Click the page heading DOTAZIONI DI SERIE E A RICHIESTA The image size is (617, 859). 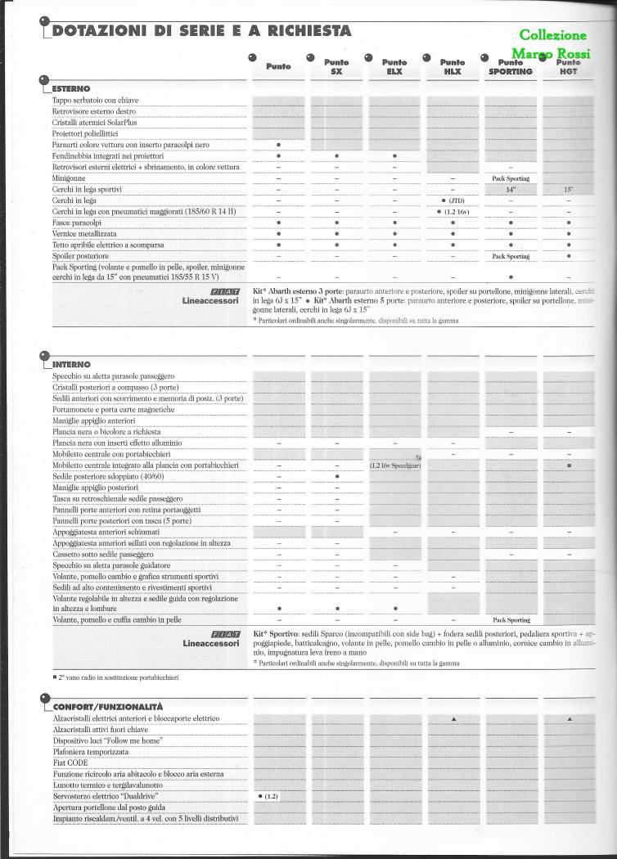[x=201, y=31]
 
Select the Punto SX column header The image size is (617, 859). [x=336, y=66]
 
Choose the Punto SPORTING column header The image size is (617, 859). [x=510, y=66]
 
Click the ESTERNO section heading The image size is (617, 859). [x=71, y=88]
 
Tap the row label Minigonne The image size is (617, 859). [x=70, y=178]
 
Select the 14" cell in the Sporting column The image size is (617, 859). [x=510, y=189]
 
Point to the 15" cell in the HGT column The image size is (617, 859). [x=568, y=189]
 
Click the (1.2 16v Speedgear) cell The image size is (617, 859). [x=395, y=465]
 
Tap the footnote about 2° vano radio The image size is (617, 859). [x=115, y=677]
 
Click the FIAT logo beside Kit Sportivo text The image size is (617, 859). [x=224, y=633]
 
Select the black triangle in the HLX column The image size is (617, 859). [x=453, y=718]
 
